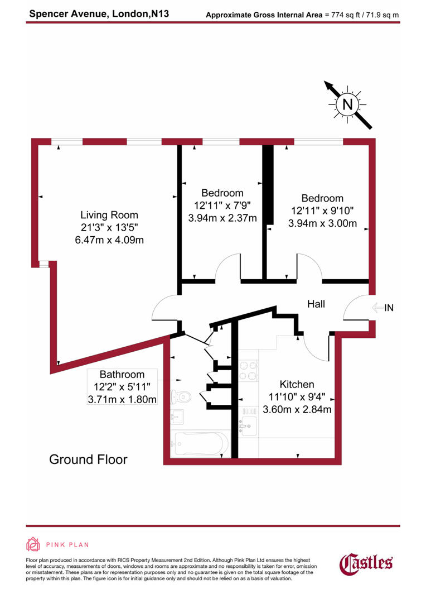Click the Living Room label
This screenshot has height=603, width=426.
click(x=109, y=215)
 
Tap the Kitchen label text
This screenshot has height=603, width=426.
click(x=297, y=384)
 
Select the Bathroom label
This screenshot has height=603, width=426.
click(x=122, y=375)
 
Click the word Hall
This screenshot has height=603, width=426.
click(x=316, y=304)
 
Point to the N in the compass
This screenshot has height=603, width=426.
click(x=347, y=104)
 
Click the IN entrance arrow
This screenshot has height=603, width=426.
click(x=383, y=307)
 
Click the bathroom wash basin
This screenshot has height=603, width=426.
click(x=178, y=417)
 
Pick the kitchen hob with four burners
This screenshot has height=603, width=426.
click(x=249, y=370)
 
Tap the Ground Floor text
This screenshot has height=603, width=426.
click(x=88, y=460)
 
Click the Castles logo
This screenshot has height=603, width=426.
click(x=366, y=563)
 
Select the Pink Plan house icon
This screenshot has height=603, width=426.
click(x=33, y=544)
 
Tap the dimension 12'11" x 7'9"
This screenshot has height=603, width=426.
click(x=222, y=205)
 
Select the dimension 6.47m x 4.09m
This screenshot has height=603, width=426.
click(x=109, y=240)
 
